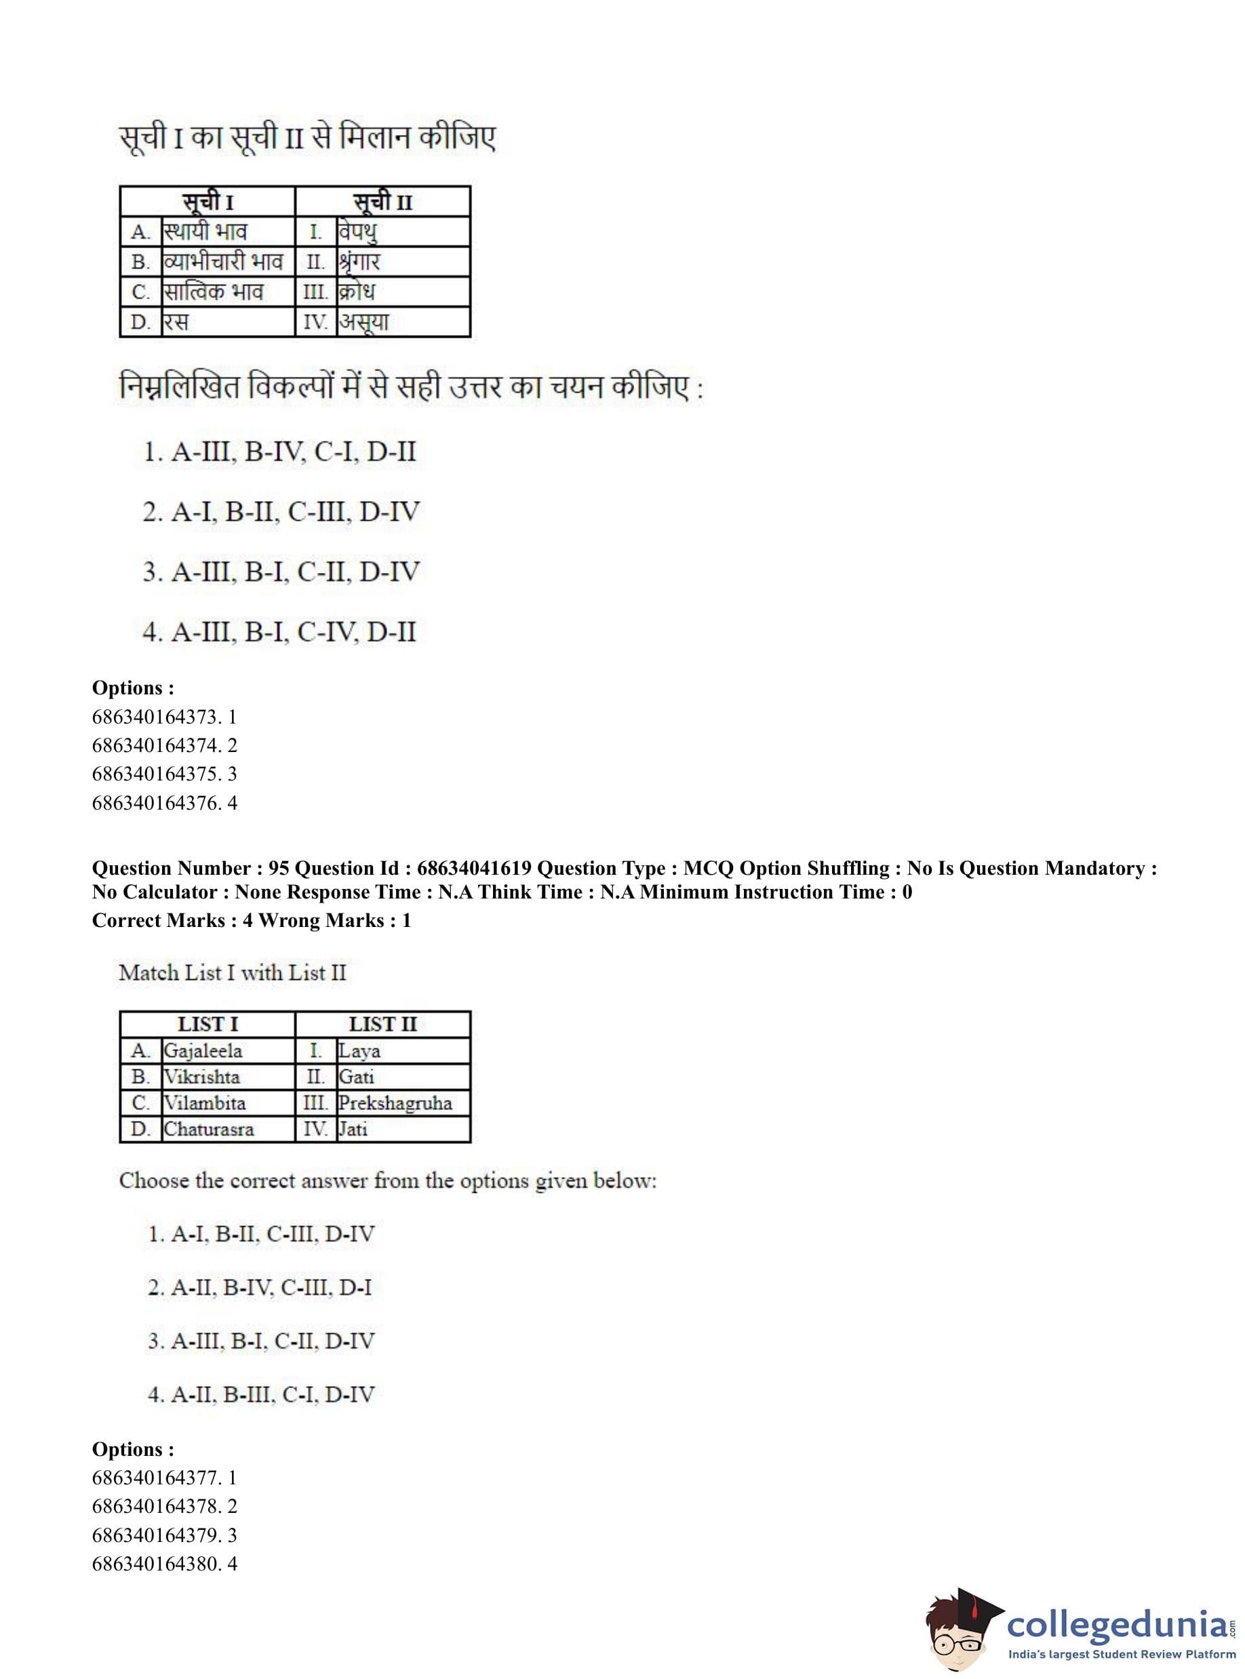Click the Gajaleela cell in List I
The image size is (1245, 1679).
203,1050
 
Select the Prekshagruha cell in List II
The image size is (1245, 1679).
395,1103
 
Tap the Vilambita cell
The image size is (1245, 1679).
205,1103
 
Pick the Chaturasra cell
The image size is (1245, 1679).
209,1129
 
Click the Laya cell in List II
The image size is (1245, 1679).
359,1050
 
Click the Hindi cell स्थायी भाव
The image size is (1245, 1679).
205,231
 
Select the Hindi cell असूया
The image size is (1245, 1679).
363,323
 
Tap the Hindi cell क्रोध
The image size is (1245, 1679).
357,292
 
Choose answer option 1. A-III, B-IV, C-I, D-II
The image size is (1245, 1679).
279,452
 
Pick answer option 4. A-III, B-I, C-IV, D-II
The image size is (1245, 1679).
279,631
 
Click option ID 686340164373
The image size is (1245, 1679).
163,717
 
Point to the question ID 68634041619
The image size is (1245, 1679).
474,868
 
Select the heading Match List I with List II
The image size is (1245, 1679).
232,973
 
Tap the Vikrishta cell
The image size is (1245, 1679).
202,1077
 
